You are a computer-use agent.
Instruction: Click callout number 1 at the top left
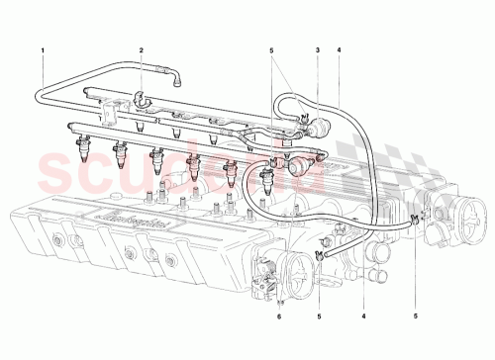(x=44, y=48)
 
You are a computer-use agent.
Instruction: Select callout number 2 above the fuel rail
(x=142, y=48)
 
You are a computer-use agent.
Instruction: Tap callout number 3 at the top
(x=317, y=48)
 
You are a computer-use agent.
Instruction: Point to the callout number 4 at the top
(x=339, y=48)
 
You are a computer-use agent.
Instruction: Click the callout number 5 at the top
(x=271, y=48)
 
